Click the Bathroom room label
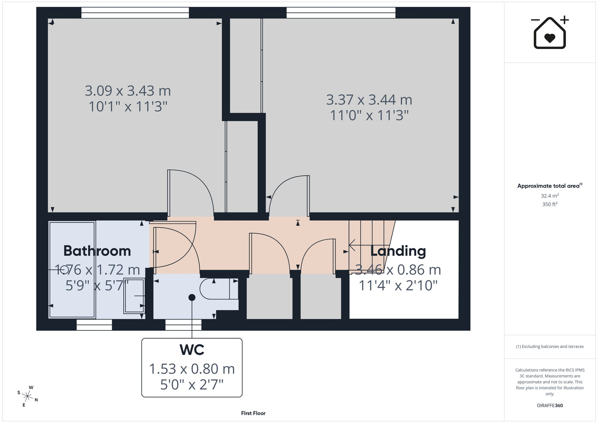(x=97, y=251)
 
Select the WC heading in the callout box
(x=192, y=349)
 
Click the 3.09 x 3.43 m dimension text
(x=128, y=91)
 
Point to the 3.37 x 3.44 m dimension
(x=369, y=100)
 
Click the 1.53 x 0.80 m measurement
(x=192, y=369)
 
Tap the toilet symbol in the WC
(x=219, y=289)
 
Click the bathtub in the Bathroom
(x=72, y=270)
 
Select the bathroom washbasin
(x=134, y=296)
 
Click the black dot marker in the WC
(x=192, y=297)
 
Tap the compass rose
(x=28, y=397)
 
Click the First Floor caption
(x=253, y=413)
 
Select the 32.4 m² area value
(x=550, y=196)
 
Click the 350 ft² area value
(x=550, y=204)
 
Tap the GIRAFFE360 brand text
(x=550, y=405)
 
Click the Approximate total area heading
(x=550, y=186)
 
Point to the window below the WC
(x=183, y=325)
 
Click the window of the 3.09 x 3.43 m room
(x=135, y=13)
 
